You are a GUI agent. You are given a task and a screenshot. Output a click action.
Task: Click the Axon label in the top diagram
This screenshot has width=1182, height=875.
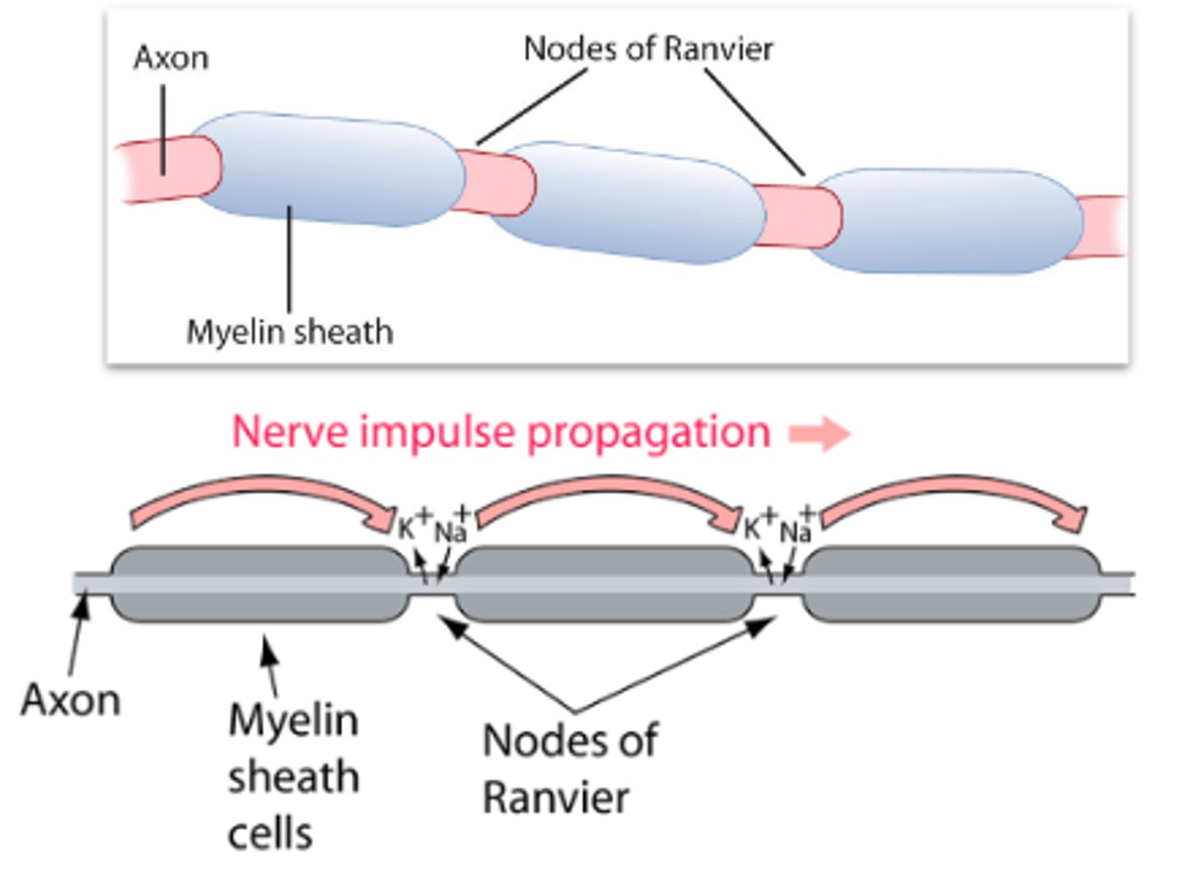pyautogui.click(x=171, y=58)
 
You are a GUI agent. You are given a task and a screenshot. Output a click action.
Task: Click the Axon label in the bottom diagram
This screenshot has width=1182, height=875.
pyautogui.click(x=71, y=700)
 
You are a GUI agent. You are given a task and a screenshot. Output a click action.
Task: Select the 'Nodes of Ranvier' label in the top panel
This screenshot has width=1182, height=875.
pyautogui.click(x=648, y=49)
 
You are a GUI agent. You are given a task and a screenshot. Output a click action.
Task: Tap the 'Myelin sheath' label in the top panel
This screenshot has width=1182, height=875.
pyautogui.click(x=290, y=332)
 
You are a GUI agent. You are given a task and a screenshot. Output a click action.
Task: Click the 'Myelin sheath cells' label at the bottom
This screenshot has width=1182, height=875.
pyautogui.click(x=293, y=776)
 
